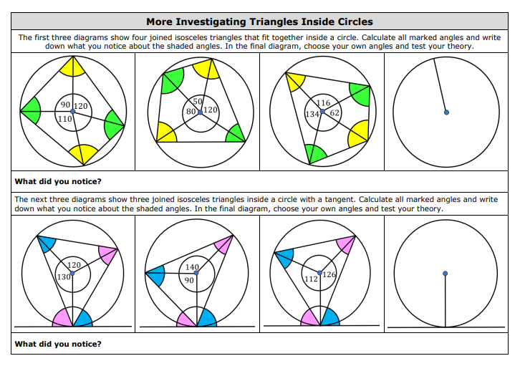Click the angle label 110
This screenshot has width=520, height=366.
point(64,118)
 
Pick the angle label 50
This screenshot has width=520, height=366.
point(198,100)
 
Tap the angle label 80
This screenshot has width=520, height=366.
point(191,111)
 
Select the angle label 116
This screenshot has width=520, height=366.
point(323,102)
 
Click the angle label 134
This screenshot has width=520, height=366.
point(312,114)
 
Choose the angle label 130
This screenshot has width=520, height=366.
point(63,276)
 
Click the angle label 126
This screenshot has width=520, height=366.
point(329,275)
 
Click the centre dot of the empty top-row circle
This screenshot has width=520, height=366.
point(446,112)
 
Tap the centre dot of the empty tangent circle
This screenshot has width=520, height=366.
point(446,273)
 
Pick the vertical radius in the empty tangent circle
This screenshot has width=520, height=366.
point(446,301)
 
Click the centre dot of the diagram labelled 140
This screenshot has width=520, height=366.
point(196,273)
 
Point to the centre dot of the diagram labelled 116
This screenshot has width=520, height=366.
point(322,112)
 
